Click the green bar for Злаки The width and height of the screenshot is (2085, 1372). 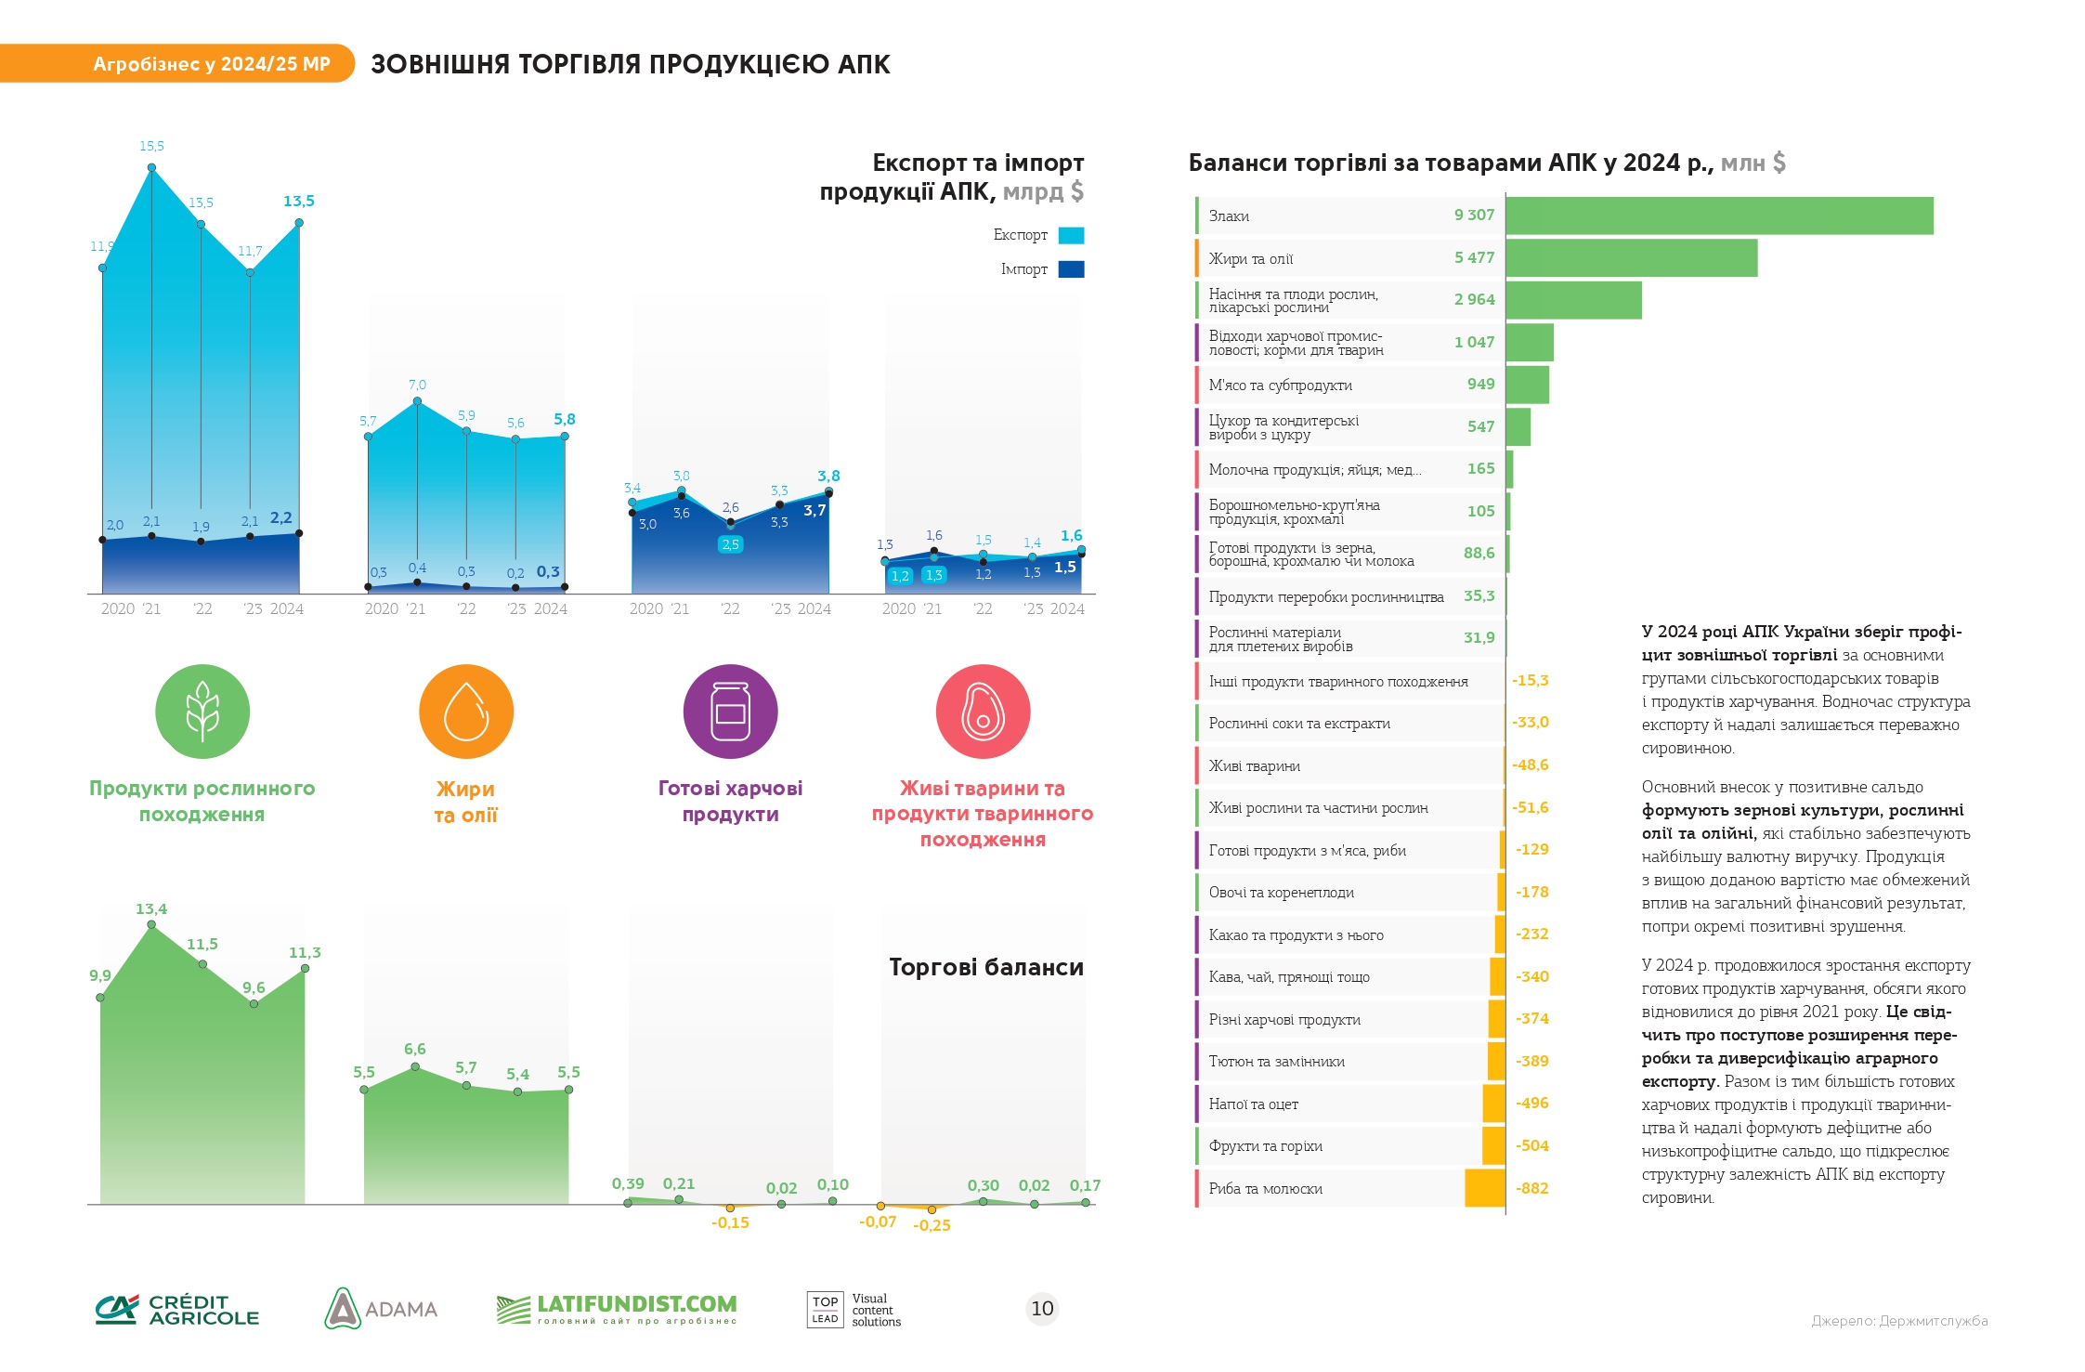click(1719, 216)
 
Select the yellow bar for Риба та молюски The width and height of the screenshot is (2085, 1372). click(1485, 1188)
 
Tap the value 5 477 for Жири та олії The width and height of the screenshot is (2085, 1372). click(1474, 258)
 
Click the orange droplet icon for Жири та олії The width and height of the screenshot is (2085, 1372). click(466, 712)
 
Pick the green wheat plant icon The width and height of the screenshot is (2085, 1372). click(202, 712)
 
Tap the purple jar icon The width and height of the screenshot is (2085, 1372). click(731, 712)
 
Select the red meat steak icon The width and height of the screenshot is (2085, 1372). click(983, 712)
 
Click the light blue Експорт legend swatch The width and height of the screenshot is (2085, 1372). click(1071, 235)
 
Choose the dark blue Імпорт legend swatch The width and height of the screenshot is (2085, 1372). click(1071, 269)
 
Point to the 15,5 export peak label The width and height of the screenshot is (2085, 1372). click(151, 146)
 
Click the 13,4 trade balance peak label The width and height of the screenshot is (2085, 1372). click(151, 909)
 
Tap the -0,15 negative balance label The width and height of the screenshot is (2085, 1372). click(730, 1223)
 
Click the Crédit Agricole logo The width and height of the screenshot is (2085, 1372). click(177, 1310)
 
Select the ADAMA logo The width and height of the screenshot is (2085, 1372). click(381, 1308)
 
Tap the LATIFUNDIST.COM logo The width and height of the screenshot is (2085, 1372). click(617, 1310)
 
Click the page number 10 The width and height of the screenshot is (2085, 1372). click(1042, 1309)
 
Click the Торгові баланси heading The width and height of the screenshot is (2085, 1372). click(986, 967)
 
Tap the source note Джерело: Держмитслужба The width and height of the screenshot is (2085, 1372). click(1899, 1321)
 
